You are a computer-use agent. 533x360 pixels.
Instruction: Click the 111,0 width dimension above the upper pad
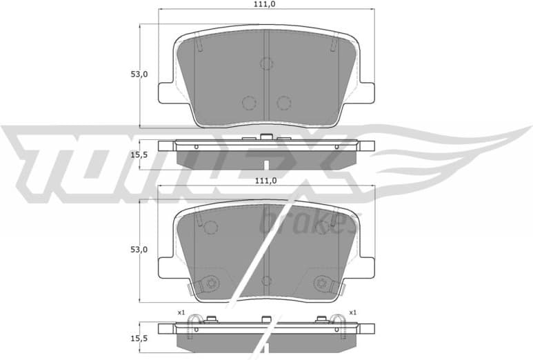coord(266,4)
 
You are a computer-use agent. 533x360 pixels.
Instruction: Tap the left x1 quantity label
coord(181,312)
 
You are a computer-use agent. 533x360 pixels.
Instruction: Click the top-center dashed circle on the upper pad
coord(267,63)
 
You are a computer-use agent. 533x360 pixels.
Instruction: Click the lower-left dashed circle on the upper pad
coord(249,103)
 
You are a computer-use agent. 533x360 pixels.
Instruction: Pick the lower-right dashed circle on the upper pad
coord(283,103)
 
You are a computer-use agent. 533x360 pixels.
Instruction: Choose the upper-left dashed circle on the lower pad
coord(211,227)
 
